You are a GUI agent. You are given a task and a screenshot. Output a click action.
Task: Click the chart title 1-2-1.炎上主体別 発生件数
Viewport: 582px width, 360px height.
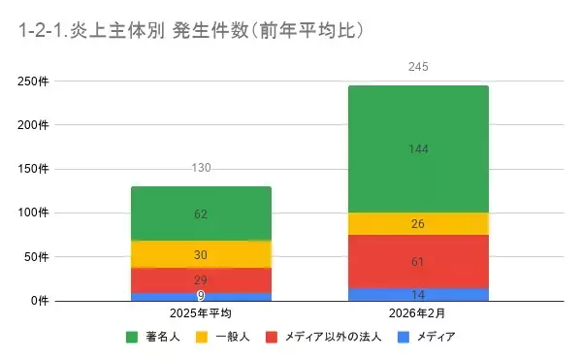190,30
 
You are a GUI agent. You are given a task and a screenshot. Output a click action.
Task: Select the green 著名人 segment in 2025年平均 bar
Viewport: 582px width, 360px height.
201,213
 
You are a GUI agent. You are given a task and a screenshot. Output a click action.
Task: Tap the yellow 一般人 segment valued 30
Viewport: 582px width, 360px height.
201,254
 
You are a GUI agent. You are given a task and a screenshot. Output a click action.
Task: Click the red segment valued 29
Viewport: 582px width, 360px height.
201,279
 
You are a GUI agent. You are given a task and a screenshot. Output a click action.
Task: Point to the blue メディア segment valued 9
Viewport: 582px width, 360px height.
201,296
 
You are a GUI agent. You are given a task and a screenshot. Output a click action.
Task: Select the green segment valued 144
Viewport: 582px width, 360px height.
418,148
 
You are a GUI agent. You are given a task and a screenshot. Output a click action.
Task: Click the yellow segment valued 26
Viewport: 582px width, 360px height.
418,224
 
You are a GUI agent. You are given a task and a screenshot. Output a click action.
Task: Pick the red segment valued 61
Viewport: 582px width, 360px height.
418,261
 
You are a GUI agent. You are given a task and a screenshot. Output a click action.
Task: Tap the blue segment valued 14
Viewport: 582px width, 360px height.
418,294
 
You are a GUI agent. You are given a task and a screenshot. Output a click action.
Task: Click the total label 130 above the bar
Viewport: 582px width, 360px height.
201,169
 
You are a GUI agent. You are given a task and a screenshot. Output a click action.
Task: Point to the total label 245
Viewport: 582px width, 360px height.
418,67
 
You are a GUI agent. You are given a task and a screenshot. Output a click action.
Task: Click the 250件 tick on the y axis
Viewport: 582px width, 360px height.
32,82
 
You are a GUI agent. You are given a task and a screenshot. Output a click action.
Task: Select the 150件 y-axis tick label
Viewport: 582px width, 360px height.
32,169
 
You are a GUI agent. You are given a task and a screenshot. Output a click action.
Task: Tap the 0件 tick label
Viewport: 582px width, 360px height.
38,301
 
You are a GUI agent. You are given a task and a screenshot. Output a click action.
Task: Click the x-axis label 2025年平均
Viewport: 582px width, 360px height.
201,314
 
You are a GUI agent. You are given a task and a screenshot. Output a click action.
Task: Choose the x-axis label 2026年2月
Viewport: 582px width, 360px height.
418,314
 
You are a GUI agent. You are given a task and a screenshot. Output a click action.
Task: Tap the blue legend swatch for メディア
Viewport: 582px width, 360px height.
407,338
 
